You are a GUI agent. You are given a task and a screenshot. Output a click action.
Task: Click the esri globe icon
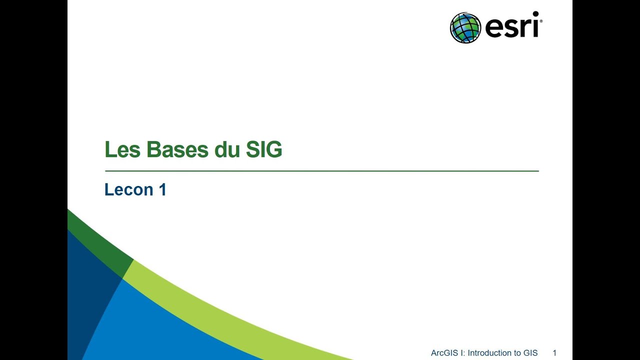465,28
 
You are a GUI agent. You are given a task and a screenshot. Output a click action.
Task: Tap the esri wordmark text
511,27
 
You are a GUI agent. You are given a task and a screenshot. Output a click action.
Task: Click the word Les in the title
122,150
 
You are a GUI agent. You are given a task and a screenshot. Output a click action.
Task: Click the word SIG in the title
264,150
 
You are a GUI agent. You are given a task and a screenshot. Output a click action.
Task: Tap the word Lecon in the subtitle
128,189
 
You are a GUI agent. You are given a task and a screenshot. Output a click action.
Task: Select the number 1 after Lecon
162,189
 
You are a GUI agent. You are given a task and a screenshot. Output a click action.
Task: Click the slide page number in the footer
554,353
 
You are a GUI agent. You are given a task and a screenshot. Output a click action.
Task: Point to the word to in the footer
515,353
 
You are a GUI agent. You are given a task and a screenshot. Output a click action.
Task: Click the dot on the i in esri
535,14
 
